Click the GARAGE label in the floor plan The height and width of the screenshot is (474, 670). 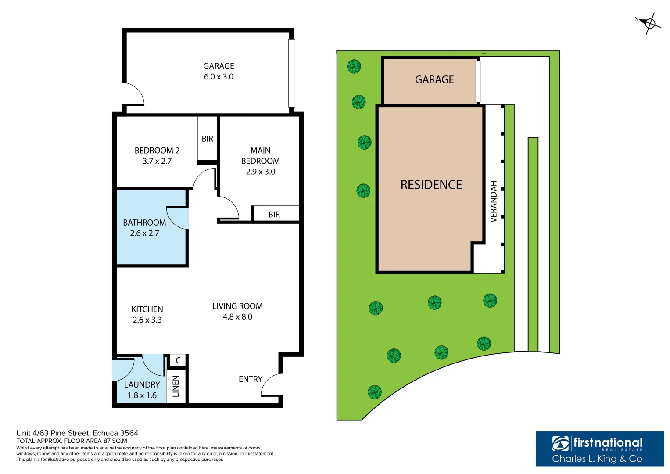pos(219,66)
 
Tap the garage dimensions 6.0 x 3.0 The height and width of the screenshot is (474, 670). pos(219,77)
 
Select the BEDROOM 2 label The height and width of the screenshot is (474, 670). pos(157,151)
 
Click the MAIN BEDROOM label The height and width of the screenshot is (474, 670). pos(260,156)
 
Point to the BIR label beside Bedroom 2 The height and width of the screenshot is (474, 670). pos(207,139)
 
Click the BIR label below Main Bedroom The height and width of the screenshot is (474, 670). pos(274,215)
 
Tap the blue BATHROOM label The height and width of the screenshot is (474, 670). pos(144,223)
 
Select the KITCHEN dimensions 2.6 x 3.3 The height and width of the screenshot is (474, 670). pos(147,320)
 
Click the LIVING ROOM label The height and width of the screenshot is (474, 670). pos(237,306)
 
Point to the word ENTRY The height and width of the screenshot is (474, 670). pos(250,379)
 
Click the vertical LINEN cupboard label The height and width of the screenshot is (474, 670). pos(176,386)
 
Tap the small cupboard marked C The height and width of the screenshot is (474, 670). pos(178,360)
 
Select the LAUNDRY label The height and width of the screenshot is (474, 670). pos(142,385)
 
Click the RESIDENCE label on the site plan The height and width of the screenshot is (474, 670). pos(431,185)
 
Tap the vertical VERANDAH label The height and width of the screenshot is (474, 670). pos(494,201)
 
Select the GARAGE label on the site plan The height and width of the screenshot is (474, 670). pos(434,80)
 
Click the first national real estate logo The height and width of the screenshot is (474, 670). pos(599,449)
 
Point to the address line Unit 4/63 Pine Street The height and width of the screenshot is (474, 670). pos(77,433)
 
